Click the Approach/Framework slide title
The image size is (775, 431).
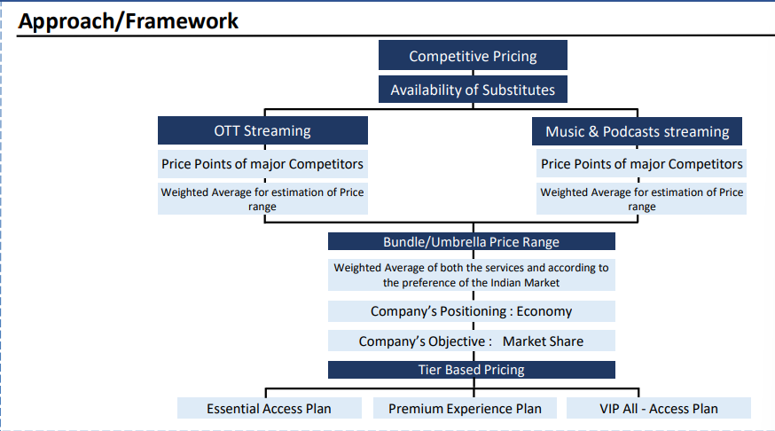[128, 21]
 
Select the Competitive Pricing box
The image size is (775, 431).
[473, 55]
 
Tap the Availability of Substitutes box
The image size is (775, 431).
[473, 90]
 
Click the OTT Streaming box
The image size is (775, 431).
[262, 130]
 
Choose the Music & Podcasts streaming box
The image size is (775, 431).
[637, 131]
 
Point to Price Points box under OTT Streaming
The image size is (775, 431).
[262, 164]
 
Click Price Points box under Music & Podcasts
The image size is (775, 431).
[641, 164]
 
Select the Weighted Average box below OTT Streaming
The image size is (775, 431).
[262, 199]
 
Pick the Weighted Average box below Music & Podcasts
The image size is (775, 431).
[641, 199]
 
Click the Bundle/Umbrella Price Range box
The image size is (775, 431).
[472, 242]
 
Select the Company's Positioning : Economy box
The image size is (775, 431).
[472, 311]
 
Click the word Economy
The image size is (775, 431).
[544, 312]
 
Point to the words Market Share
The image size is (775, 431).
[543, 341]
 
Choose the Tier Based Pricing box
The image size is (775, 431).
[472, 370]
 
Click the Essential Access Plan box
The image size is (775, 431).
[270, 408]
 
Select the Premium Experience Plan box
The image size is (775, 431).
[465, 408]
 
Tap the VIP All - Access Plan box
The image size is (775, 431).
[658, 408]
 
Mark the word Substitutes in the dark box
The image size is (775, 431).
[519, 90]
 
